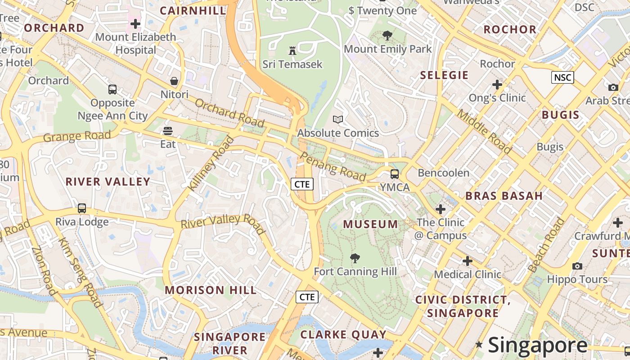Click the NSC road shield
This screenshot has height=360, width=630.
pyautogui.click(x=562, y=77)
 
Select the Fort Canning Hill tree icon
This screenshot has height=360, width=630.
pyautogui.click(x=355, y=258)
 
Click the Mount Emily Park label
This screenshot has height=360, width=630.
pyautogui.click(x=387, y=49)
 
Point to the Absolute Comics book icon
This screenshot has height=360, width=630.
pyautogui.click(x=338, y=119)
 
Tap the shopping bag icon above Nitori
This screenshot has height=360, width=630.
pyautogui.click(x=174, y=81)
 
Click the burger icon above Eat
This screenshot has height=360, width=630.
pyautogui.click(x=168, y=131)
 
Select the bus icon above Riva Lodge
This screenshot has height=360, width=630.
pyautogui.click(x=82, y=208)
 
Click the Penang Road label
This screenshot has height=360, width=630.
pyautogui.click(x=333, y=166)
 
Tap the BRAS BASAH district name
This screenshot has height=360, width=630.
pyautogui.click(x=504, y=196)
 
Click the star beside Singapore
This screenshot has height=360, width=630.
pyautogui.click(x=479, y=345)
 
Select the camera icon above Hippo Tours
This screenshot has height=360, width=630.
pyautogui.click(x=577, y=266)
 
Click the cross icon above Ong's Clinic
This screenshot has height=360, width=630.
pyautogui.click(x=497, y=85)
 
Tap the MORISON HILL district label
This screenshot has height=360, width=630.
pyautogui.click(x=211, y=290)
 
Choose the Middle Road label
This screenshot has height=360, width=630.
pyautogui.click(x=484, y=131)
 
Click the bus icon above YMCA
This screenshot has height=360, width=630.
pyautogui.click(x=395, y=174)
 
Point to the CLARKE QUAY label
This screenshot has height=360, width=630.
pyautogui.click(x=343, y=334)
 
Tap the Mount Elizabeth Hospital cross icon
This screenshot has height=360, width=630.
pyautogui.click(x=135, y=23)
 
